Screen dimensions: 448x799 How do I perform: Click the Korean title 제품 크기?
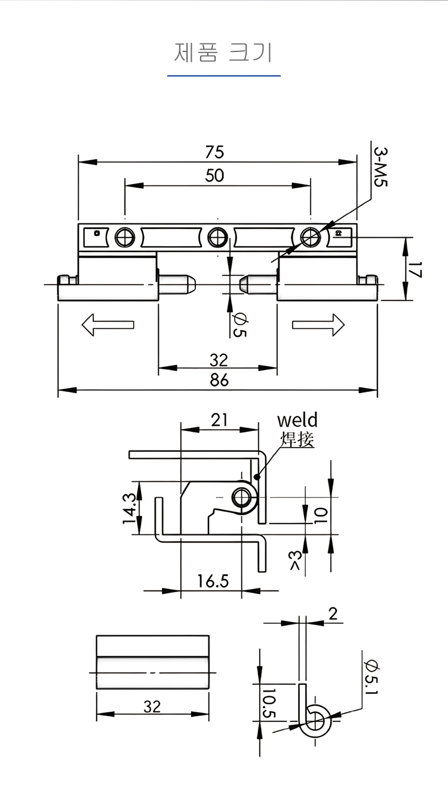click(x=223, y=53)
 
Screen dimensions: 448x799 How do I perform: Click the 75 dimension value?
click(x=214, y=152)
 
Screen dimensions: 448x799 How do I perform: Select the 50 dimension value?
click(x=214, y=176)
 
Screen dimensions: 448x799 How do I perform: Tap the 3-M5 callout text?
click(x=381, y=167)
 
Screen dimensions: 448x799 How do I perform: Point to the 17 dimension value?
click(x=415, y=270)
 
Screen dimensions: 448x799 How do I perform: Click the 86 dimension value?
click(x=219, y=380)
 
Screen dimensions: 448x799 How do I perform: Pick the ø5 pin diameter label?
click(x=240, y=325)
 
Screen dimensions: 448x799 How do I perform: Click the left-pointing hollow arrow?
click(x=108, y=325)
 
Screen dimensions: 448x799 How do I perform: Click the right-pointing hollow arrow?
click(x=318, y=325)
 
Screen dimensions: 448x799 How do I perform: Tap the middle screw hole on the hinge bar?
click(x=217, y=237)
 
